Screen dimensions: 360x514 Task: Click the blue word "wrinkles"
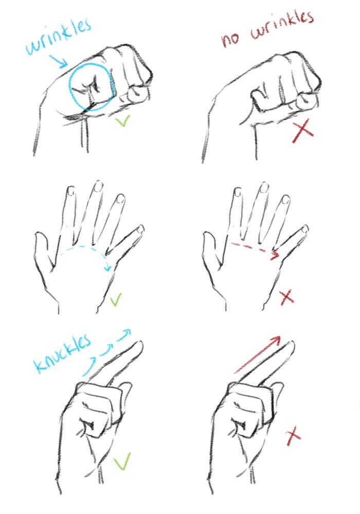[x=58, y=36]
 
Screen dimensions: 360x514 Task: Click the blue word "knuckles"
[x=62, y=354]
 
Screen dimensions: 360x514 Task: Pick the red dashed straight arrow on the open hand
[x=255, y=248]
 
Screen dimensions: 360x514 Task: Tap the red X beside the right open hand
[x=287, y=297]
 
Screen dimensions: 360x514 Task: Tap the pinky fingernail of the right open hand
[x=305, y=229]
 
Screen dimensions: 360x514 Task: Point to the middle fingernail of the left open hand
[x=98, y=187]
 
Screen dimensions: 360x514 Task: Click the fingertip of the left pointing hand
[x=139, y=344]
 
